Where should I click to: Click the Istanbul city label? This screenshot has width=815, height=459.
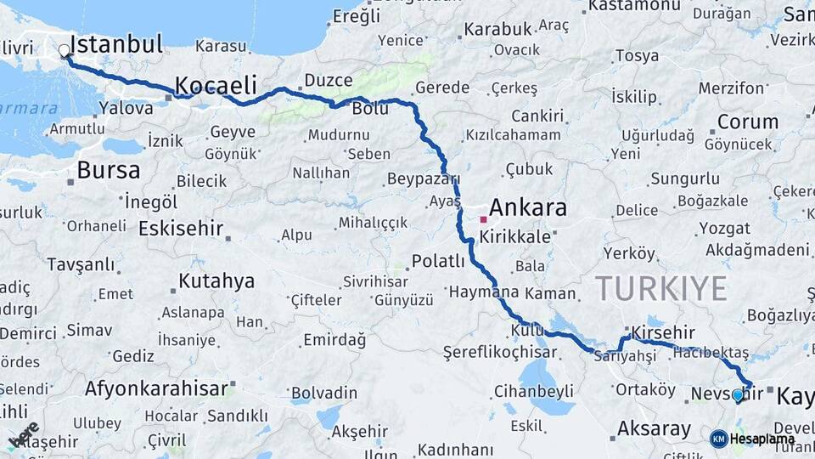coord(116,44)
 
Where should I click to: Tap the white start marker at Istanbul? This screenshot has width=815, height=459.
coord(65,51)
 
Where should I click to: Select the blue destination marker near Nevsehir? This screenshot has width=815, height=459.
coord(737,395)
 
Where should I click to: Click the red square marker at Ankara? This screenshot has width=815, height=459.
coord(483,219)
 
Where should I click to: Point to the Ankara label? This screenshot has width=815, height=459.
coord(528,208)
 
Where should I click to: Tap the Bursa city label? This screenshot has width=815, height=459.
coord(109,170)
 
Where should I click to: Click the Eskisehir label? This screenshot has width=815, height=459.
coord(181,229)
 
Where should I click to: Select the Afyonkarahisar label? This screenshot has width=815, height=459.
coord(157,388)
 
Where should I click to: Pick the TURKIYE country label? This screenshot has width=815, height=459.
coord(660,289)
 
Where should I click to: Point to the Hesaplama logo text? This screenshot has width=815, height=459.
coord(762,439)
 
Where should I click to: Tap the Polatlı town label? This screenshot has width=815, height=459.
coord(438,261)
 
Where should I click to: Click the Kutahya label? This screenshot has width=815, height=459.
coord(216,281)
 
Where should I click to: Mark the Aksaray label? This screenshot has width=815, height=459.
coord(654,429)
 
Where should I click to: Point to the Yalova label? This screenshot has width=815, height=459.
coord(126,108)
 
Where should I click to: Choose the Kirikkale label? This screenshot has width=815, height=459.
coord(515,237)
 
